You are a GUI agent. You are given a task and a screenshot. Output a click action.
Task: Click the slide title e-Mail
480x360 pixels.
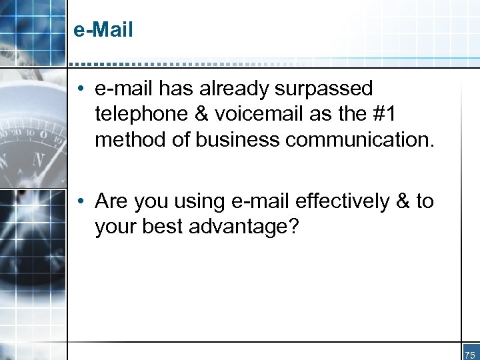tap(103, 30)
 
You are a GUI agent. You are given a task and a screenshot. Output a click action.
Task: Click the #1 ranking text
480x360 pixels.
tap(385, 114)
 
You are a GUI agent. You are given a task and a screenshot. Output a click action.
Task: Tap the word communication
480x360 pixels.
tap(360, 139)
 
